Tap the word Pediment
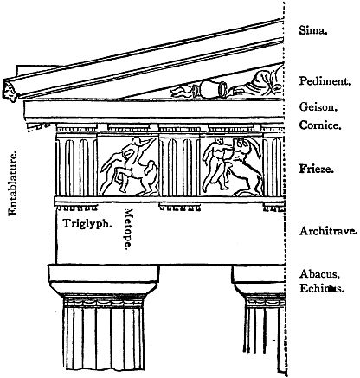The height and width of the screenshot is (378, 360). click(x=325, y=81)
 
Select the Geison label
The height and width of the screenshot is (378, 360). click(x=318, y=107)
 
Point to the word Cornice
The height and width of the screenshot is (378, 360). click(x=320, y=125)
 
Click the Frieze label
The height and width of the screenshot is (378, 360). click(x=316, y=169)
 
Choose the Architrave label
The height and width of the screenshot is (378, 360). click(x=328, y=231)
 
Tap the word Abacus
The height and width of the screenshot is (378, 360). click(x=319, y=273)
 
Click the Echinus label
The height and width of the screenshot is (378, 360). click(x=322, y=288)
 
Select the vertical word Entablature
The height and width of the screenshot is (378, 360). click(x=13, y=183)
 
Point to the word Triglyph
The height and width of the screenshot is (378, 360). click(x=87, y=223)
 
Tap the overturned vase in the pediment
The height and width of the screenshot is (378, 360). click(x=210, y=89)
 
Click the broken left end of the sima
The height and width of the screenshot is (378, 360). click(x=10, y=90)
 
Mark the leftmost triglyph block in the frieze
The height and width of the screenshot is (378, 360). click(x=76, y=167)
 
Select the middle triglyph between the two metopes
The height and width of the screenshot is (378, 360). click(x=179, y=167)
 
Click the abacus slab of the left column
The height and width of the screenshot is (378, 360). click(x=103, y=273)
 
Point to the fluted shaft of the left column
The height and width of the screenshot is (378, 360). click(x=104, y=338)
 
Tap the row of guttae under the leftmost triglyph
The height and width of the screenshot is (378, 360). click(x=76, y=208)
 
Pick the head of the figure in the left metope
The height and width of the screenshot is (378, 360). click(x=138, y=141)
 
